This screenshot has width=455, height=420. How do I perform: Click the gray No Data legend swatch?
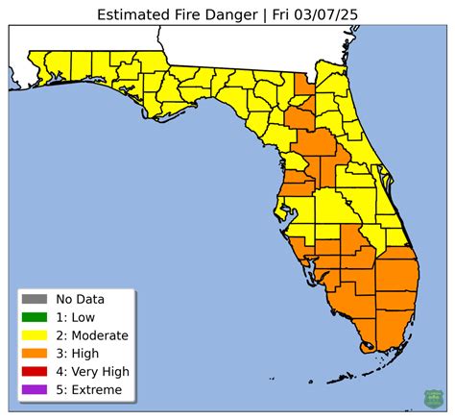click(35, 299)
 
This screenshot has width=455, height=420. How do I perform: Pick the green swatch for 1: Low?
click(35, 317)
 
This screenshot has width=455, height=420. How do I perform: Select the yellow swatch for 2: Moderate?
click(35, 335)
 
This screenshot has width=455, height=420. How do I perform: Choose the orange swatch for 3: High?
click(35, 353)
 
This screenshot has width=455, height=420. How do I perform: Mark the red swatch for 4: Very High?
click(35, 371)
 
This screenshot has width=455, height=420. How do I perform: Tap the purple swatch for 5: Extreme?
click(35, 389)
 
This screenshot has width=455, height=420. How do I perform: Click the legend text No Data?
click(82, 299)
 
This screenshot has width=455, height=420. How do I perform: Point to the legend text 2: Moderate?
click(92, 335)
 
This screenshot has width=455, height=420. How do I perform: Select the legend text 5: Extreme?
click(89, 389)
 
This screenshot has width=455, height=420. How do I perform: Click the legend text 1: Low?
click(77, 317)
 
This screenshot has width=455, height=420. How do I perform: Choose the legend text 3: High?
click(79, 353)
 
